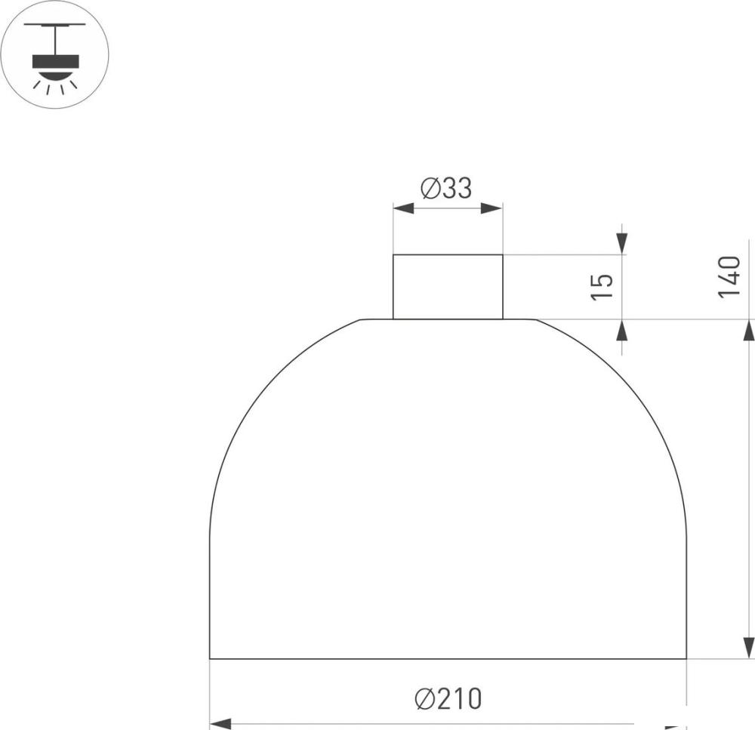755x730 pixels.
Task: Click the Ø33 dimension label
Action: [446, 188]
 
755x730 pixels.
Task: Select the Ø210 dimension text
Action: [448, 699]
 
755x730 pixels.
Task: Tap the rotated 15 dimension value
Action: [602, 287]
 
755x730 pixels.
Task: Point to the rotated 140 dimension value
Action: [729, 277]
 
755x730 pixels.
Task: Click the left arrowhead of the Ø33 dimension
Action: [403, 208]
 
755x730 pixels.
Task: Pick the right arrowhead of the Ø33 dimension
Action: [492, 208]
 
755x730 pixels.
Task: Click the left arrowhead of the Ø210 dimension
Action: [220, 724]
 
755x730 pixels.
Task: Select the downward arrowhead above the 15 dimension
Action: [623, 244]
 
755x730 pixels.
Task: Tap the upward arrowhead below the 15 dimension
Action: [623, 330]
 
